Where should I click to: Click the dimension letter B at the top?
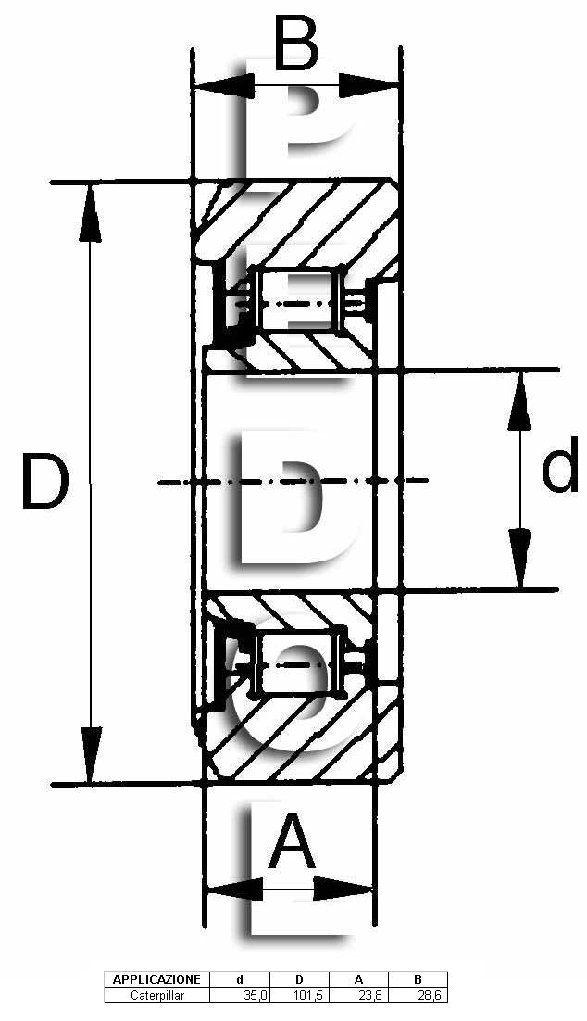(296, 44)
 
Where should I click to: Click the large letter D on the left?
(44, 482)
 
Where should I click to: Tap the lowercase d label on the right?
(559, 463)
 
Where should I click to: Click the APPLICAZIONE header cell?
(156, 979)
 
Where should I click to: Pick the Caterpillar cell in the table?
(157, 995)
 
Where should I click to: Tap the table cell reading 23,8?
(371, 995)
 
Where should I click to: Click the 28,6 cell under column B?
(431, 995)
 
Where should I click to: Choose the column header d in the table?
(240, 979)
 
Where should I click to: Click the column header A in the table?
(358, 979)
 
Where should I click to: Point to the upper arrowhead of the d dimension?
(518, 401)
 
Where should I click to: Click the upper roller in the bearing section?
(299, 299)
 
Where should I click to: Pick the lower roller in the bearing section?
(300, 663)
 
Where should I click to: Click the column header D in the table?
(299, 979)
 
